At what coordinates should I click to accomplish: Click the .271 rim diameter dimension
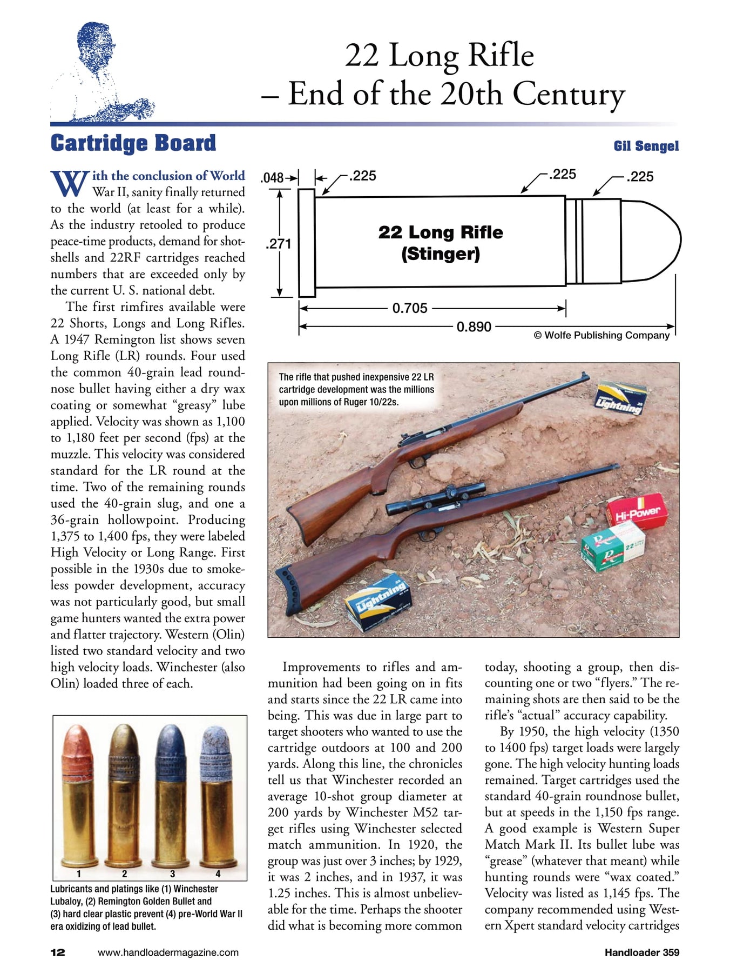(278, 244)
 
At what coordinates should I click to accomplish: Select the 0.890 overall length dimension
(474, 327)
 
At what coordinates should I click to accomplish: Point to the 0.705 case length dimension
(409, 308)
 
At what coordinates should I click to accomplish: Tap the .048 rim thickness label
(272, 178)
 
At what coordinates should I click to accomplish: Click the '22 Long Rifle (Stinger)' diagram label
(441, 243)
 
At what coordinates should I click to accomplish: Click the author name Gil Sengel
(646, 146)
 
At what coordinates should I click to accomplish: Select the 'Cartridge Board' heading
(133, 143)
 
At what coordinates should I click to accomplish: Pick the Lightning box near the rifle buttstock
(378, 603)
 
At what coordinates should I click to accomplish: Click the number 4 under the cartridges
(218, 874)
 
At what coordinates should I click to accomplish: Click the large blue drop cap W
(70, 183)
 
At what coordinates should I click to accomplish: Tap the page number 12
(58, 952)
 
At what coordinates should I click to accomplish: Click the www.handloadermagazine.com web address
(168, 952)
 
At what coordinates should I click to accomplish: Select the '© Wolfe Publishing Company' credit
(601, 335)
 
